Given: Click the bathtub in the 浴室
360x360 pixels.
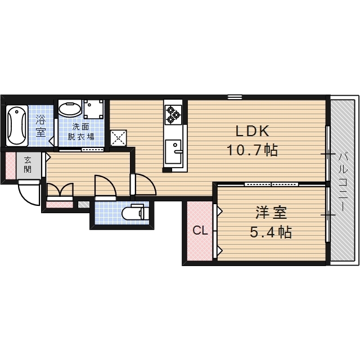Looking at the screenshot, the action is click(17, 125).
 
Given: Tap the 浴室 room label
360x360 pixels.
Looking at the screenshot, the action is click(40, 126).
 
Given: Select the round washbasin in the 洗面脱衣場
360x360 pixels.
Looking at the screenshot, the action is click(70, 109).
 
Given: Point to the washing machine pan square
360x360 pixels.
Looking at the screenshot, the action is click(93, 109).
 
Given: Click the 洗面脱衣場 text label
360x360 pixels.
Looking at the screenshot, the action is click(81, 132).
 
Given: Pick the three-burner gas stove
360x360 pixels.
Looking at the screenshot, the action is click(173, 114).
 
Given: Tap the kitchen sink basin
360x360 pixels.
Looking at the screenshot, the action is click(173, 151).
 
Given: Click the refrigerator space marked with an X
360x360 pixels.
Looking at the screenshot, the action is click(118, 138).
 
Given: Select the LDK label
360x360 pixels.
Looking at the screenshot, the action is click(253, 131).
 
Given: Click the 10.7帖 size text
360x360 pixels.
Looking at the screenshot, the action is click(253, 150).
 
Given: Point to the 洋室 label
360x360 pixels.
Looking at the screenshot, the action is click(271, 213).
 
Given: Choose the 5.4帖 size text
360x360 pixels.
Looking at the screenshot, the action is click(271, 232).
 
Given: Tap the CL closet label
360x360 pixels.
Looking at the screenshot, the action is click(200, 230).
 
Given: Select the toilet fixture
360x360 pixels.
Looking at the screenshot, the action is click(134, 213).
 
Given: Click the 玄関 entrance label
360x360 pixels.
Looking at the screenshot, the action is click(28, 165).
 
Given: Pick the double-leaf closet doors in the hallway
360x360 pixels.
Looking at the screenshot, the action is click(60, 190).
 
